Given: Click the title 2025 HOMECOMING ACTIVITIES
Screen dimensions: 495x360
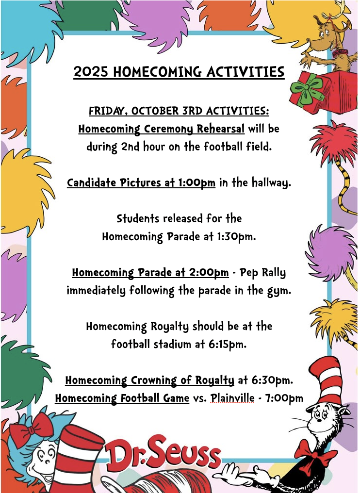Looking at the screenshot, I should pyautogui.click(x=179, y=72).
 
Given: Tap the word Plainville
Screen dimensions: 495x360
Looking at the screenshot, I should pyautogui.click(x=232, y=398).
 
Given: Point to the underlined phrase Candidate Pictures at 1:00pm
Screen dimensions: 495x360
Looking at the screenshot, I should pyautogui.click(x=141, y=183).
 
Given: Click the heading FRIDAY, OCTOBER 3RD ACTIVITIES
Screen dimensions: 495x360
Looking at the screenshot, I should pyautogui.click(x=179, y=111).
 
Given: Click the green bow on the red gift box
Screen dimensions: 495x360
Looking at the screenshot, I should pyautogui.click(x=307, y=91).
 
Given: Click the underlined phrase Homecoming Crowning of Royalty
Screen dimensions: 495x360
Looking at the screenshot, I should pyautogui.click(x=149, y=380).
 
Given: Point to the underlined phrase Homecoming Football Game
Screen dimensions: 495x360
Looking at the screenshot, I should pyautogui.click(x=122, y=398).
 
